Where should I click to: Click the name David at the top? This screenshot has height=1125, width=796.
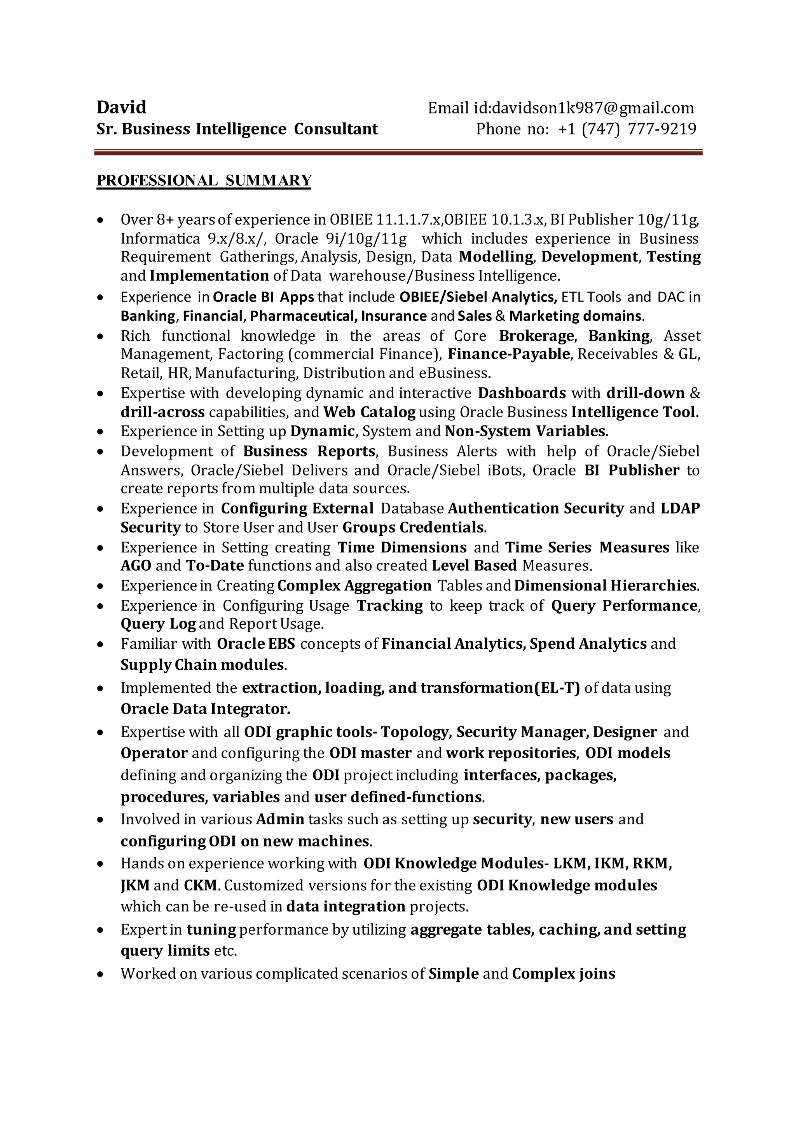[122, 107]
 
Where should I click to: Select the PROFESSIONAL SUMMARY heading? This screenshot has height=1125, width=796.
[204, 180]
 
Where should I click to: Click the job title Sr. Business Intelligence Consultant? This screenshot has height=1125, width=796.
[237, 129]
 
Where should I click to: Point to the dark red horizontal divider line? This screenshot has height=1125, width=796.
[398, 153]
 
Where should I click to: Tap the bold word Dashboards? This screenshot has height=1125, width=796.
[522, 393]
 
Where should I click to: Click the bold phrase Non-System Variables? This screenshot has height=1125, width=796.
[526, 431]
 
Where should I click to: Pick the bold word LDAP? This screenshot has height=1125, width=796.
[680, 508]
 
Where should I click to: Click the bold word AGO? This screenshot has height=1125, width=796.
[136, 566]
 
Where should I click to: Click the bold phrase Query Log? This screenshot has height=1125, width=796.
[158, 624]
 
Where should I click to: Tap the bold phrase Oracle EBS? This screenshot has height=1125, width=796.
[256, 643]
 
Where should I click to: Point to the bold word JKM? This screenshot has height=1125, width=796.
[135, 885]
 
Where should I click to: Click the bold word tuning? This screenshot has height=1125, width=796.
[211, 930]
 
